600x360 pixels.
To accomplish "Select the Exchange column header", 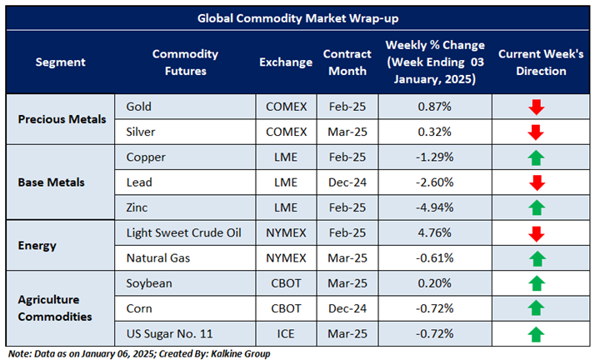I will [x=285, y=62].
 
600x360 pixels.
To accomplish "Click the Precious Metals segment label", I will [x=62, y=119].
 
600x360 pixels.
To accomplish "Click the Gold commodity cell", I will [x=140, y=107].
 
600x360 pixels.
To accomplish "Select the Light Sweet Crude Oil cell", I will [x=183, y=232].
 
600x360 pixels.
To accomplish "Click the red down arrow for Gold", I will [x=535, y=107].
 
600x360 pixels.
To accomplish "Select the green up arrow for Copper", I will [x=535, y=157].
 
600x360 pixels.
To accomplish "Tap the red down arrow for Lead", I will [x=535, y=182].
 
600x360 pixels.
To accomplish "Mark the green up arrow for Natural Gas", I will [x=535, y=258].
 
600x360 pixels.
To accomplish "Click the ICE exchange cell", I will [x=285, y=333].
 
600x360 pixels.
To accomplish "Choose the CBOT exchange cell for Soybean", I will [x=285, y=283].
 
